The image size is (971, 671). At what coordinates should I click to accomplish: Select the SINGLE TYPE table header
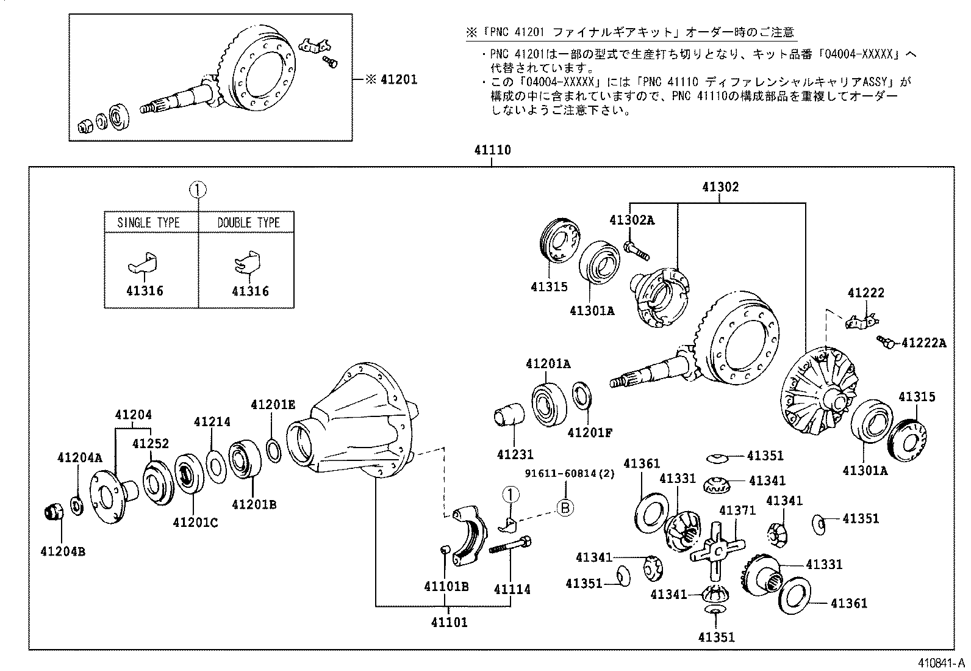[x=148, y=222]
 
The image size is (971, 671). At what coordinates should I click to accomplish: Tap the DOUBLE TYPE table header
[x=248, y=222]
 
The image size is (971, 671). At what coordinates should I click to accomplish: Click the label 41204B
[x=63, y=552]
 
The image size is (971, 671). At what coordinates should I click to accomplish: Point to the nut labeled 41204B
[x=54, y=511]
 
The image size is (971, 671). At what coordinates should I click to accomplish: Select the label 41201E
[x=273, y=404]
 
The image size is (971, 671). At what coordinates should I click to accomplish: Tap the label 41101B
[x=446, y=587]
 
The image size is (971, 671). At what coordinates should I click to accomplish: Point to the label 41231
[x=515, y=455]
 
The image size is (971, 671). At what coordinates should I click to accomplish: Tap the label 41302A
[x=631, y=220]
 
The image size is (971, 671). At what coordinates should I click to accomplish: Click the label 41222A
[x=923, y=343]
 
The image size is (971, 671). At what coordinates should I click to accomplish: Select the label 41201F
[x=589, y=433]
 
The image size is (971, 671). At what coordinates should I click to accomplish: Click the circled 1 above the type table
[x=198, y=190]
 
